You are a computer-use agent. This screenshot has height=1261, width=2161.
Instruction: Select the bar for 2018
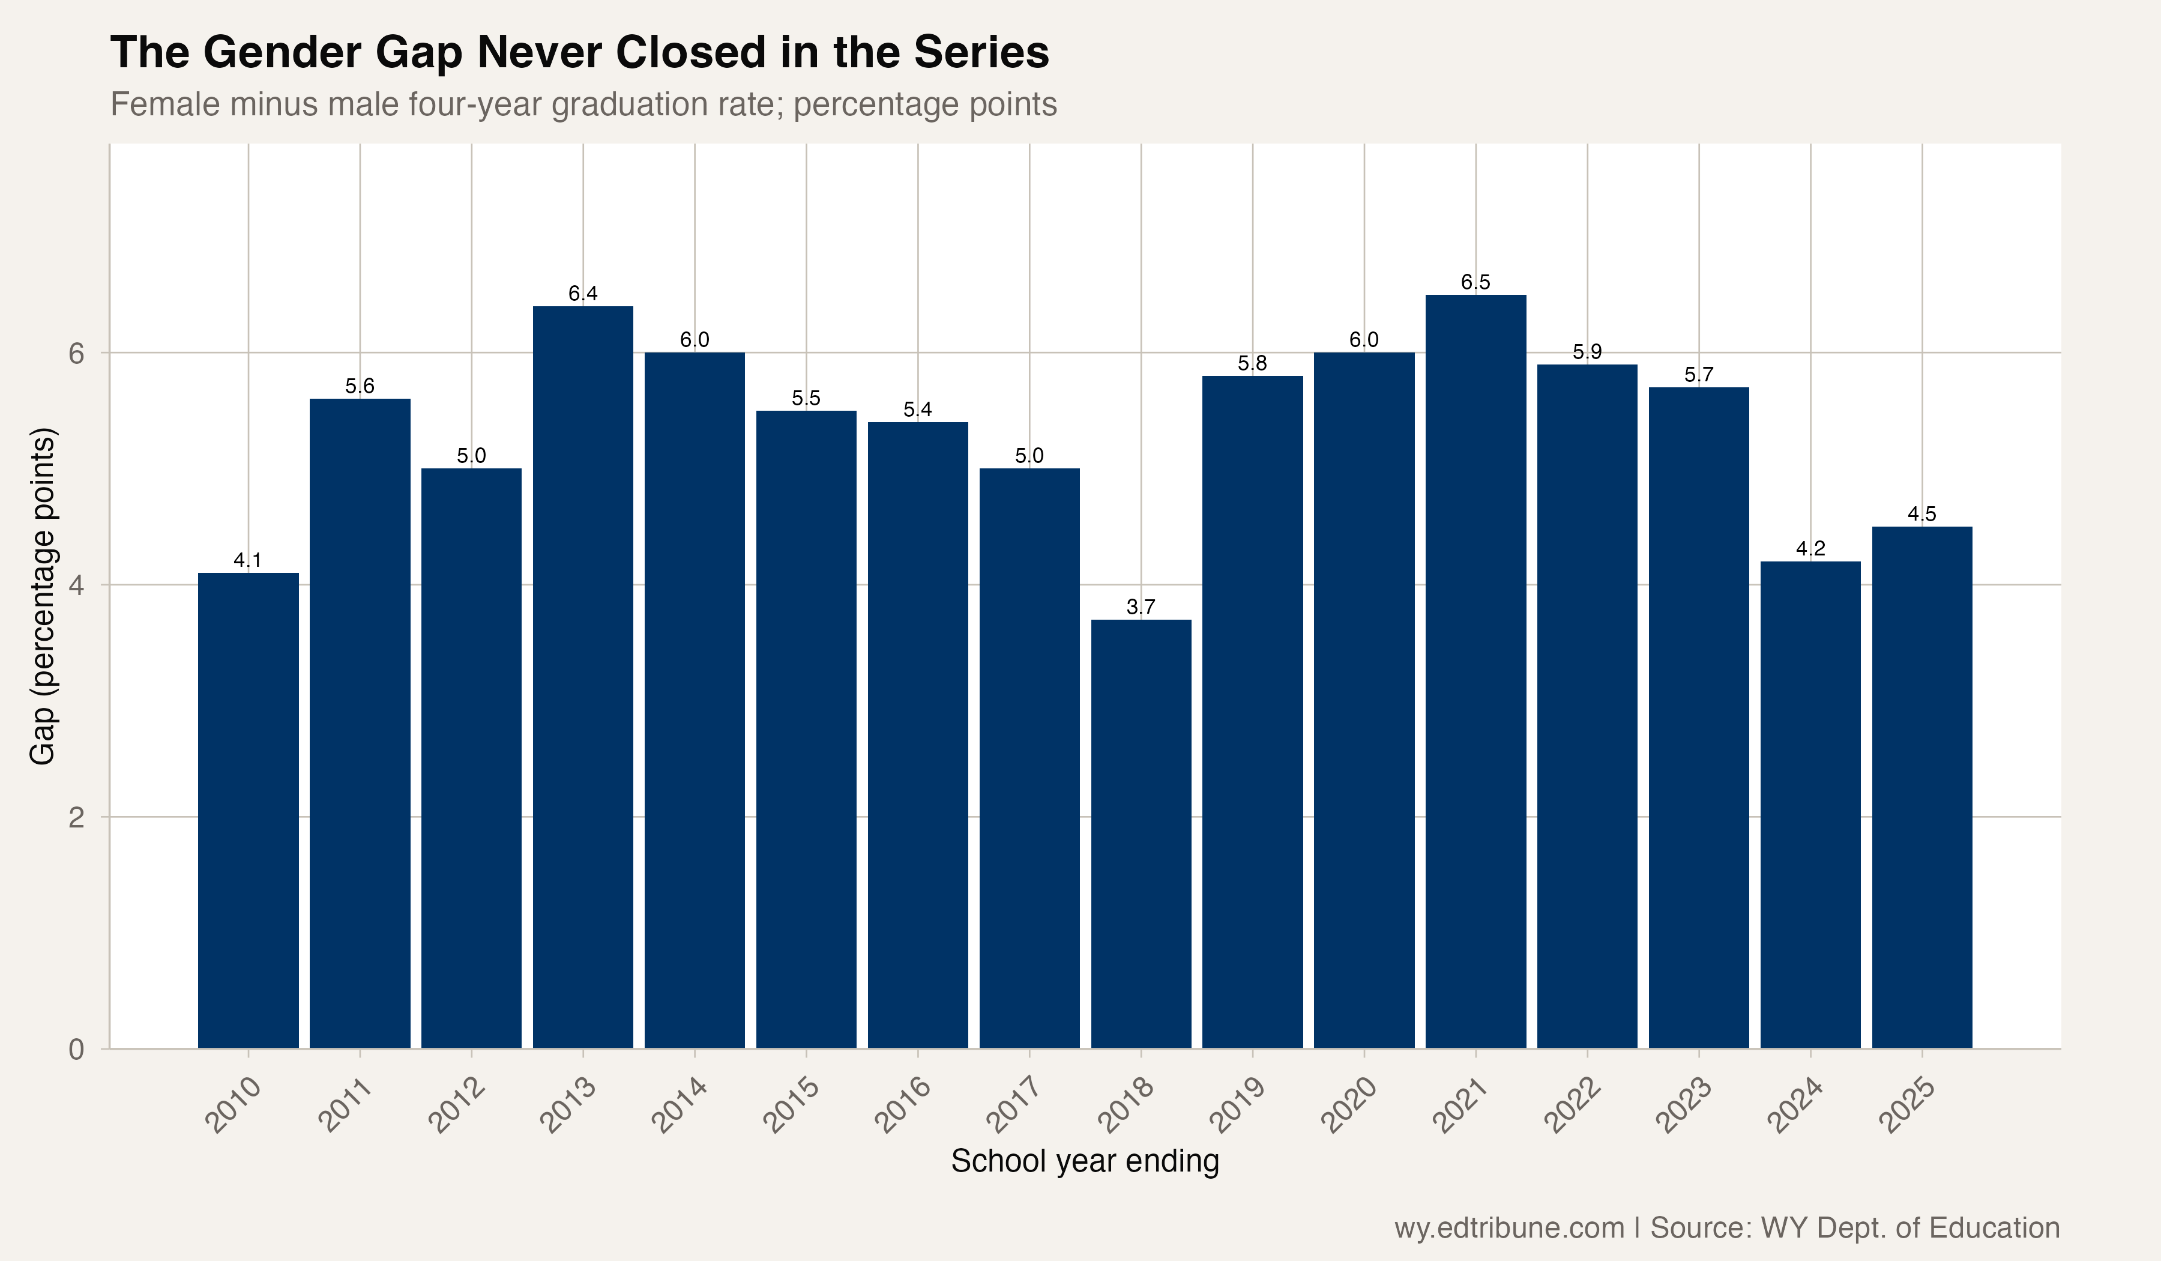(1141, 834)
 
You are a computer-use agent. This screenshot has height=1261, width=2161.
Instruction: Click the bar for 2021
(1476, 672)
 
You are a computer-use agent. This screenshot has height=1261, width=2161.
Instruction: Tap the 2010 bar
(248, 811)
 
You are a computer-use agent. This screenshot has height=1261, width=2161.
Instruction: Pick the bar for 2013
(583, 678)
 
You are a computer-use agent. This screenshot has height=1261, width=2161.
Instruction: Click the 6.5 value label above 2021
(1476, 282)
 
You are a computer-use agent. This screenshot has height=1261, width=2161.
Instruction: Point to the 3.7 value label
(1141, 606)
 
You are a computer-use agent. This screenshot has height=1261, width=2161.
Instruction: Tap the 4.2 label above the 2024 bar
(1810, 548)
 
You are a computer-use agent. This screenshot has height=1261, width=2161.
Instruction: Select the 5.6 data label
(360, 386)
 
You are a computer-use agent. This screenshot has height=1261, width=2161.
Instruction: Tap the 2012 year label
(456, 1105)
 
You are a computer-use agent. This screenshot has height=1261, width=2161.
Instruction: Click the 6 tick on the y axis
(77, 354)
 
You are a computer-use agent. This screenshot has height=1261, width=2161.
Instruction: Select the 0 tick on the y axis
(77, 1049)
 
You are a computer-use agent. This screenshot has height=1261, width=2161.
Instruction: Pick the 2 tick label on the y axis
(77, 817)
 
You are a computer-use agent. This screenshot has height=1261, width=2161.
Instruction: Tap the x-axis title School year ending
(1085, 1161)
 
